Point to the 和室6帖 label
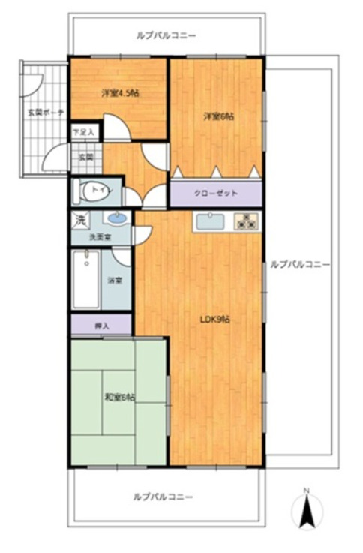(119, 398)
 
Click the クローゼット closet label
(216, 193)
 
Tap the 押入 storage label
(101, 326)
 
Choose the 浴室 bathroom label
(115, 281)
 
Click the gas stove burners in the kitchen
(245, 221)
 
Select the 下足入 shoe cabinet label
(84, 133)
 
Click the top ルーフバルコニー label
(166, 35)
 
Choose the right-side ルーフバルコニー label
(300, 264)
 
